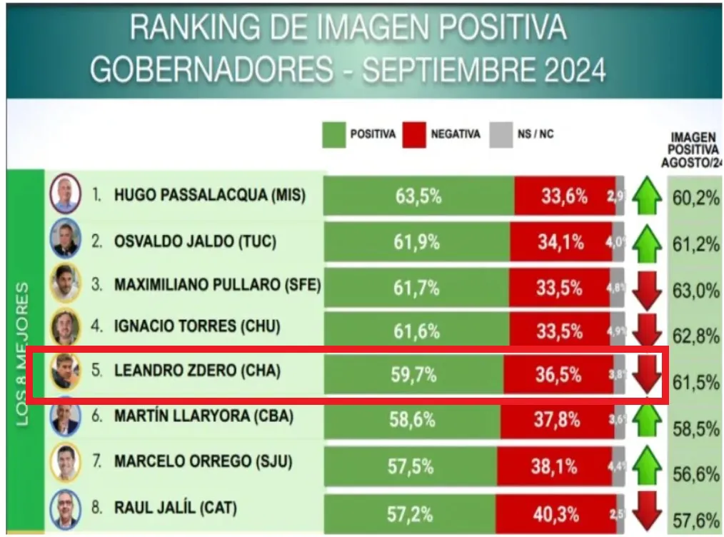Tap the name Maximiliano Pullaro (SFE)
pyautogui.click(x=217, y=285)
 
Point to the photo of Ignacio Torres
pyautogui.click(x=65, y=326)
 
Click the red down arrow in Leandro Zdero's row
pyautogui.click(x=647, y=372)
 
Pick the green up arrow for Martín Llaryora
pyautogui.click(x=647, y=419)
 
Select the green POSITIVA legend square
pyautogui.click(x=333, y=134)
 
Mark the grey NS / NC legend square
pyautogui.click(x=501, y=134)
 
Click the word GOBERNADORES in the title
pyautogui.click(x=211, y=70)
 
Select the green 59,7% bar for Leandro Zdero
pyautogui.click(x=413, y=373)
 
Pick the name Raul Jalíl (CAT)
pyautogui.click(x=176, y=508)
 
